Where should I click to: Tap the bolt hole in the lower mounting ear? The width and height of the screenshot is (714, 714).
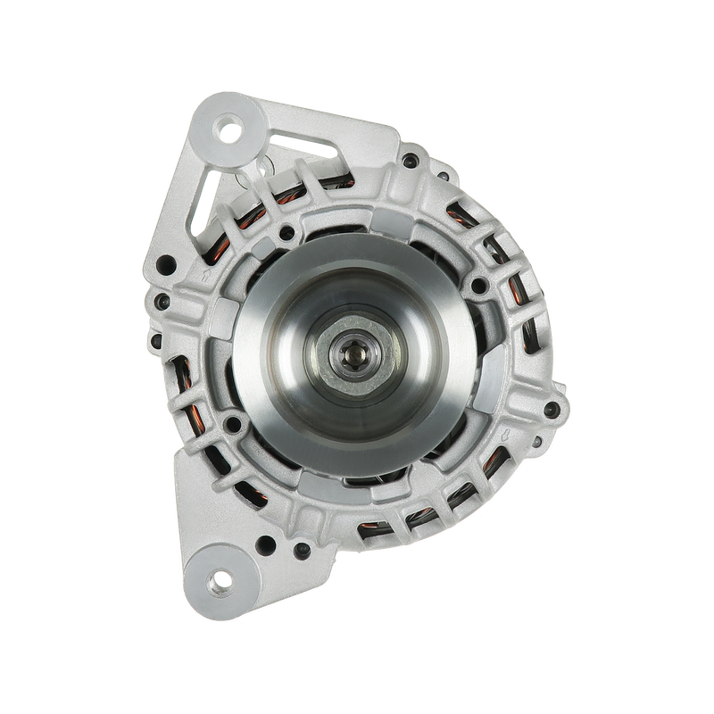click(216, 582)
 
